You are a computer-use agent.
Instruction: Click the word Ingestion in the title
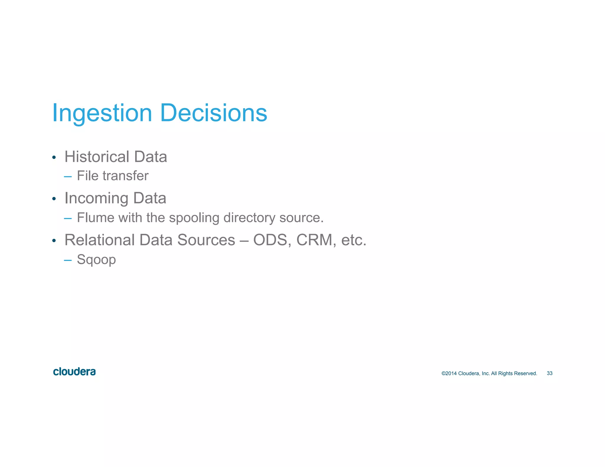click(102, 113)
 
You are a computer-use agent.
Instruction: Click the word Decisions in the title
click(214, 113)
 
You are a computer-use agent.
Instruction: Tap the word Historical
click(97, 157)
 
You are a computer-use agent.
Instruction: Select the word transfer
click(126, 176)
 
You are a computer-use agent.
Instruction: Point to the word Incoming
click(96, 198)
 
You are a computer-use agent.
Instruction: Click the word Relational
click(100, 240)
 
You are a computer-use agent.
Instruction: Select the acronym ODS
click(270, 240)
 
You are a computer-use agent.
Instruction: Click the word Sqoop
click(96, 260)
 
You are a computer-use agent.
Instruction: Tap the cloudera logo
click(74, 372)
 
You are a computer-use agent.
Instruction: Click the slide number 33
click(549, 373)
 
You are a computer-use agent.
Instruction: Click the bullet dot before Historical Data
click(54, 157)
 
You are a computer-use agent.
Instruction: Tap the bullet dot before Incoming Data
click(54, 199)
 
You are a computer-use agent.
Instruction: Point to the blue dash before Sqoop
click(68, 260)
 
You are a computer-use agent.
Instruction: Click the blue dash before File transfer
click(68, 177)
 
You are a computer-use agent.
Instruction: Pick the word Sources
click(206, 240)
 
